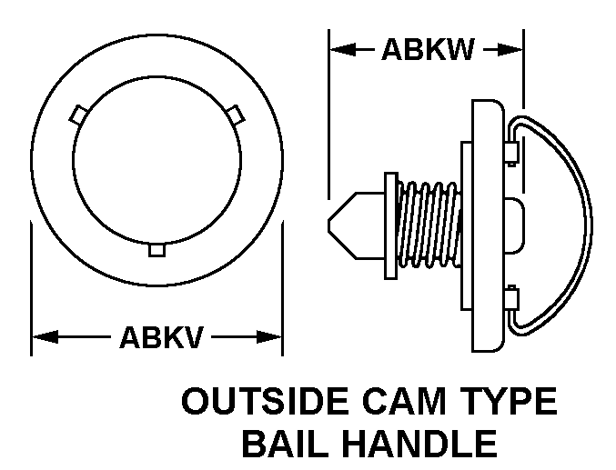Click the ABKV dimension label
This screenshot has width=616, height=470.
pos(161,337)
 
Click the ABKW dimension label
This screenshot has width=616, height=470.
pos(429,50)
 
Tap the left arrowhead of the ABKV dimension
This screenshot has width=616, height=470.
pos(45,337)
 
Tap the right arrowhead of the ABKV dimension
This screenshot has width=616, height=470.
pos(269,337)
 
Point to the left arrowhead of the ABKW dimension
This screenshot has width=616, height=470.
pos(343,49)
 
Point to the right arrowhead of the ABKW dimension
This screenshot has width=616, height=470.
pos(510,49)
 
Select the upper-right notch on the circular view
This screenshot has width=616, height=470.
pos(236,115)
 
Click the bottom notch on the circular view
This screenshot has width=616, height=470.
pos(157,250)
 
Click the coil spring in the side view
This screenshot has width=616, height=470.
pos(429,225)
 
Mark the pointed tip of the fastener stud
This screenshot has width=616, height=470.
pos(328,225)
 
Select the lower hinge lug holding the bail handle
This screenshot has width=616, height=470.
pos(511,299)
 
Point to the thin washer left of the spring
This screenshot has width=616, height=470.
pos(391,225)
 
